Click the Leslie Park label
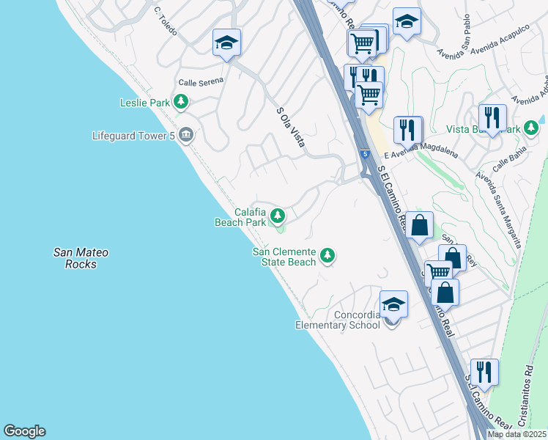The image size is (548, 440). (x=145, y=103)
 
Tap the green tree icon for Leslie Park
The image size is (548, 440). (x=181, y=103)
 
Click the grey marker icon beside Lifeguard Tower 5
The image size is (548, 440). (x=186, y=134)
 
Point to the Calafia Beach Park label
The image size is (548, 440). (x=240, y=216)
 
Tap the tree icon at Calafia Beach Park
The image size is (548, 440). (x=277, y=216)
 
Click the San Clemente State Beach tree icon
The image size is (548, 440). (x=328, y=256)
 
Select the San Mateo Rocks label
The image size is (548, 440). (x=81, y=258)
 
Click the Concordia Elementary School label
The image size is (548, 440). (x=338, y=320)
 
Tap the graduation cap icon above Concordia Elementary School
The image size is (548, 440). (x=393, y=304)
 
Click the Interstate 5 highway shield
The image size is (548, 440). (x=365, y=154)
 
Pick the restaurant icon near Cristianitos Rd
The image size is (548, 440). (x=484, y=372)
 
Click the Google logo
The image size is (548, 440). (x=24, y=431)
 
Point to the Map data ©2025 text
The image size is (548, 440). (x=516, y=434)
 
